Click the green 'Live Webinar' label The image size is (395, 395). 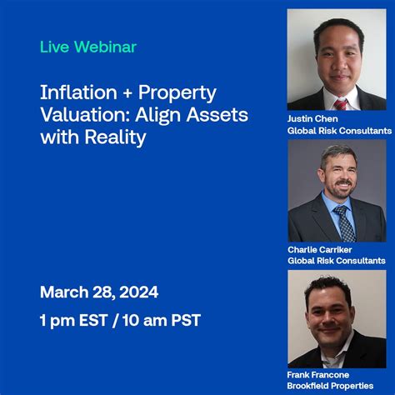tap(87, 47)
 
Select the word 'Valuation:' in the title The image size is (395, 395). tap(81, 115)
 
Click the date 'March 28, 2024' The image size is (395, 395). tap(98, 292)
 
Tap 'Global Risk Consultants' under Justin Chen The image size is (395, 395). tap(339, 131)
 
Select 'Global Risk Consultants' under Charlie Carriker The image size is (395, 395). tap(337, 261)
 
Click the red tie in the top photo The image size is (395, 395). tap(341, 104)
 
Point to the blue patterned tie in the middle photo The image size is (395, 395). tap(343, 224)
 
